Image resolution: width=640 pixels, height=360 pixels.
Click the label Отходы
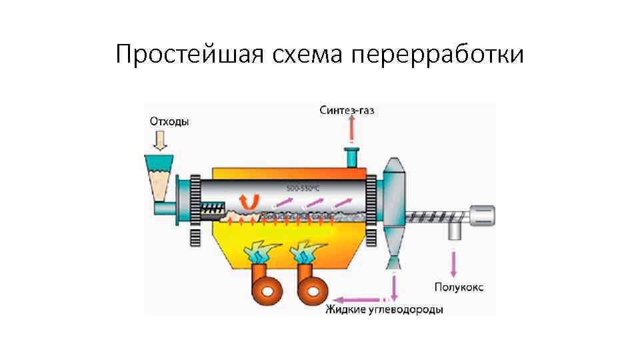(x=169, y=121)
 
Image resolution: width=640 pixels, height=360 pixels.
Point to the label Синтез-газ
(x=347, y=110)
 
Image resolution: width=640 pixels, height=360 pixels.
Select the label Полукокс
(x=459, y=287)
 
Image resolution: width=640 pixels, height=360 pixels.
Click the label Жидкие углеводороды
(x=384, y=310)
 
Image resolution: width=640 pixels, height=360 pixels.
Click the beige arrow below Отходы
(x=160, y=140)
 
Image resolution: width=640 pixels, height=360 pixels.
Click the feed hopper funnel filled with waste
(x=159, y=179)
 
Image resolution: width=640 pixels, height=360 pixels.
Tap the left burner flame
(x=260, y=253)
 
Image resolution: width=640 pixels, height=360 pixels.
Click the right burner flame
(x=306, y=253)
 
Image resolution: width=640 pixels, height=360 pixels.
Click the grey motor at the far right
(x=481, y=214)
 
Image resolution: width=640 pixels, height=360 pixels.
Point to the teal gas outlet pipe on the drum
(x=350, y=158)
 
